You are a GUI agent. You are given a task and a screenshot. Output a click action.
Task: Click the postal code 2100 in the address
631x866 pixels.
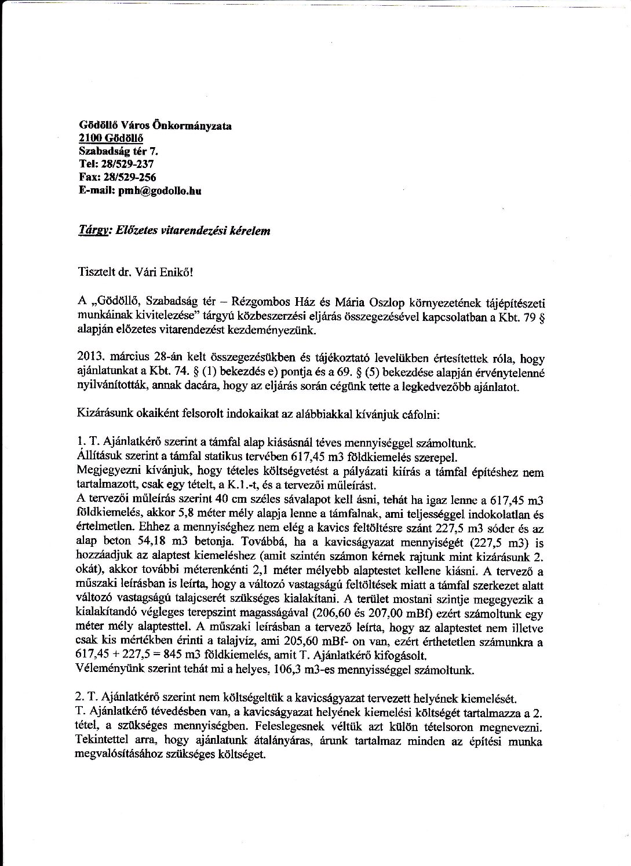(x=89, y=138)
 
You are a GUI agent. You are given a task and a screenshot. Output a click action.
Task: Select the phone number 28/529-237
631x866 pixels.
(x=127, y=164)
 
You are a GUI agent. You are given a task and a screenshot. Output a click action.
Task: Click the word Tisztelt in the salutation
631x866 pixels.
(x=95, y=269)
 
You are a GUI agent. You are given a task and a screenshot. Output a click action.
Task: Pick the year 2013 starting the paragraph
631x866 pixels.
(x=88, y=359)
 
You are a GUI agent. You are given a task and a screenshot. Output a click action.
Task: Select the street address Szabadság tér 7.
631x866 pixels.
(x=118, y=151)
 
